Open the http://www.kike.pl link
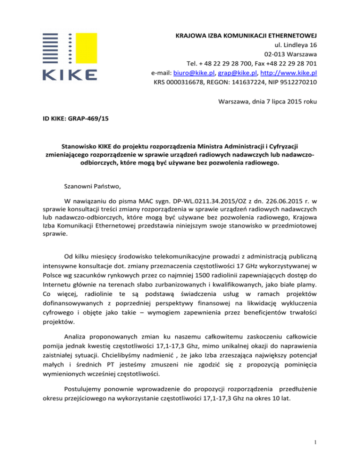coord(292,74)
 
